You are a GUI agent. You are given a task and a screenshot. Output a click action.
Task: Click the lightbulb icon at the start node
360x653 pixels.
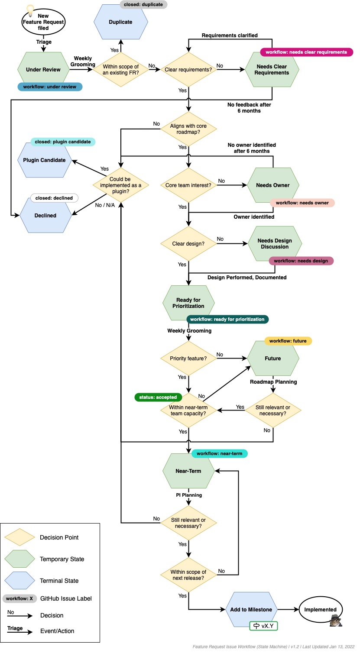[30, 9]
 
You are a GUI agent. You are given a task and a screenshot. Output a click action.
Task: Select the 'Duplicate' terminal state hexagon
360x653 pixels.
[120, 22]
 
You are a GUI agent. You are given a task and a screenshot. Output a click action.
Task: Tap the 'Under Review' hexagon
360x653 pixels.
[43, 70]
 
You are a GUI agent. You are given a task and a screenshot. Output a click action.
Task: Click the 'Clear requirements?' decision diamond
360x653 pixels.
[188, 70]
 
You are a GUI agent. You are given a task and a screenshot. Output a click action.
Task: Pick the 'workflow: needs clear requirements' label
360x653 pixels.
[306, 52]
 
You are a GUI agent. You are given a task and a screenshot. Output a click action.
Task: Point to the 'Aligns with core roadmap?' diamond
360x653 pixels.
[188, 129]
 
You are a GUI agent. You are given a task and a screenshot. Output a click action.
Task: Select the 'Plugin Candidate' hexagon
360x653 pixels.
[44, 160]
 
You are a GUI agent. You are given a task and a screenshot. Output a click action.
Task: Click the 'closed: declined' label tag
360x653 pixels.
[54, 198]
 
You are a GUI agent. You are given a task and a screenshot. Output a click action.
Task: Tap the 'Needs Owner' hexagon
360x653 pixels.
[273, 185]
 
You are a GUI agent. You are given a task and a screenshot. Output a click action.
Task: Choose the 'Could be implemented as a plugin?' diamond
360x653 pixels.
[120, 185]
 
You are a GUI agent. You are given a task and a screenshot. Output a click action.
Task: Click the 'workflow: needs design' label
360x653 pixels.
[301, 261]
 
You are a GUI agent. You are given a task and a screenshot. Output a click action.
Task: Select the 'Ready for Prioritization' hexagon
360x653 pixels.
[188, 303]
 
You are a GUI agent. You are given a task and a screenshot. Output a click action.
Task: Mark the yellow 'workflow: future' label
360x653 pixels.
[288, 341]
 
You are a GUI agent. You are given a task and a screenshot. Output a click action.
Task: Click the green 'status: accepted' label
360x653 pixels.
[158, 397]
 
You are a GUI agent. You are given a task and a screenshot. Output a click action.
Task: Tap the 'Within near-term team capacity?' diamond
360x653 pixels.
[188, 411]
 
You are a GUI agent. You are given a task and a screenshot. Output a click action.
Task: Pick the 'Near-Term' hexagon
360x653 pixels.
[188, 471]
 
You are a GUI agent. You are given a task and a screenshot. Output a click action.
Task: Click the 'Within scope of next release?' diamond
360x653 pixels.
[188, 575]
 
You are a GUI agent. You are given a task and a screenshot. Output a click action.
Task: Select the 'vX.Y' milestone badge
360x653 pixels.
[263, 626]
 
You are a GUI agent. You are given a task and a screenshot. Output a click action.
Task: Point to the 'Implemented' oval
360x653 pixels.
[321, 610]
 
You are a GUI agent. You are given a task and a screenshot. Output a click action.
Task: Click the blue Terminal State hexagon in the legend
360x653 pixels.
[19, 581]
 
